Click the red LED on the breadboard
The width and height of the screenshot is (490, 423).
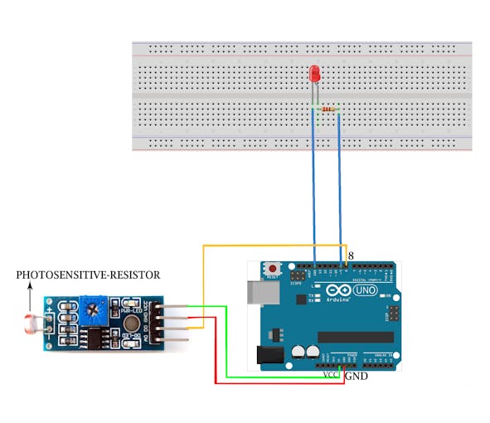[x=315, y=74]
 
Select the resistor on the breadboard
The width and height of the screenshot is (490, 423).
[x=330, y=109]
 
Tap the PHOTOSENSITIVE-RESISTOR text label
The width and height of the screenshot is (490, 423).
[x=88, y=275]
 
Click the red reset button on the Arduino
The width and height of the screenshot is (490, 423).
[x=272, y=270]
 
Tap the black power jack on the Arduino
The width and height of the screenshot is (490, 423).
[x=266, y=355]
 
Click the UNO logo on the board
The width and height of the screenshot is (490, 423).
[x=363, y=292]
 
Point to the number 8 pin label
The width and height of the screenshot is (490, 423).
[x=352, y=257]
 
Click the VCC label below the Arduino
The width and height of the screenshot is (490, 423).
[x=331, y=375]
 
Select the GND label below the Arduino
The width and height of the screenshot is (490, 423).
[x=356, y=376]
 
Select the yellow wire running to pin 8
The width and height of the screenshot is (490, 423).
[x=274, y=246]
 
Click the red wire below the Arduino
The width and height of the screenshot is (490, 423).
[x=274, y=382]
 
